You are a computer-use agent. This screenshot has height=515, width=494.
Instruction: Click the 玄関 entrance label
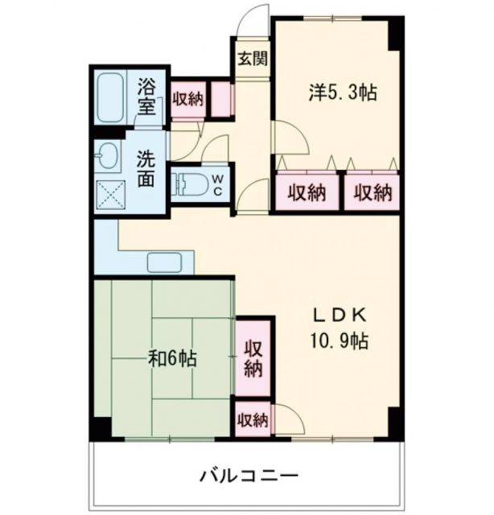(252, 60)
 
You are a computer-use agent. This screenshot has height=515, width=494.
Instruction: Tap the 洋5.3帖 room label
(343, 93)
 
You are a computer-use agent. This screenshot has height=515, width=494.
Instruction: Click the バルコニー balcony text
(249, 475)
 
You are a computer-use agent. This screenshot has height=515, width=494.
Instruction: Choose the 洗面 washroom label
(145, 169)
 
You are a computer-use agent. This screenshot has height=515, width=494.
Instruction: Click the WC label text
(217, 185)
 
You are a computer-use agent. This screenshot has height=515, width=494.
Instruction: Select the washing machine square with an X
(108, 193)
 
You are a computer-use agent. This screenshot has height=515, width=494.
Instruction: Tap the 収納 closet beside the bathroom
(187, 100)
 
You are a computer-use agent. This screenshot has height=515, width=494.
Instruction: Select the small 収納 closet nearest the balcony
(253, 420)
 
